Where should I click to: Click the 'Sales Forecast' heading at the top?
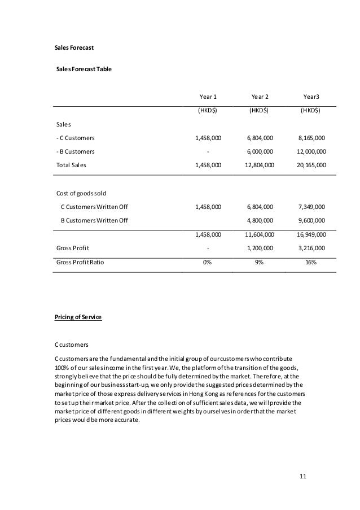click(x=74, y=48)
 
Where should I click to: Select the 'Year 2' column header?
click(x=259, y=97)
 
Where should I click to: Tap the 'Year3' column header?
click(x=310, y=97)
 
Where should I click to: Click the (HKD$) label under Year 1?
click(x=208, y=111)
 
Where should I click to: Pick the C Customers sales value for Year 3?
click(x=310, y=137)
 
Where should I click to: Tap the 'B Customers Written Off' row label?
click(x=94, y=220)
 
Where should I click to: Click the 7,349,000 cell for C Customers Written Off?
click(x=310, y=207)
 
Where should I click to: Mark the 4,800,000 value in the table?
click(x=260, y=220)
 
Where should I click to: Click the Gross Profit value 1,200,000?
click(x=260, y=248)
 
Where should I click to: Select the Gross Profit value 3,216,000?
click(x=310, y=248)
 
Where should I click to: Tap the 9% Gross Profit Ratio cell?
click(x=259, y=263)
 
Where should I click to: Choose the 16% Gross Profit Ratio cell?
click(x=310, y=263)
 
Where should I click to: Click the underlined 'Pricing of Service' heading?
click(x=78, y=318)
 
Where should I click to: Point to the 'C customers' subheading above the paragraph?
click(x=72, y=345)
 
